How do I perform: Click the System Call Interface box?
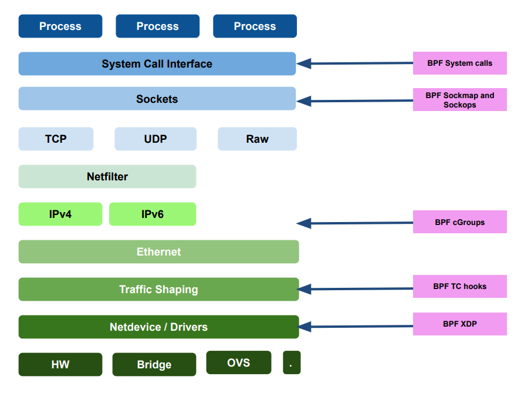pyautogui.click(x=157, y=63)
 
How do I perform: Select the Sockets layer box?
pyautogui.click(x=157, y=99)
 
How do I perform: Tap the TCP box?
pyautogui.click(x=56, y=139)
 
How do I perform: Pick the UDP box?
pyautogui.click(x=155, y=139)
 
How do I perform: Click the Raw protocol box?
pyautogui.click(x=257, y=139)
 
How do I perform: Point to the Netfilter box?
pyautogui.click(x=107, y=176)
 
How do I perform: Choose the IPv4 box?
pyautogui.click(x=60, y=214)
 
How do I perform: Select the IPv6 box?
pyautogui.click(x=153, y=214)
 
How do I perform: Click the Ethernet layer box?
pyautogui.click(x=158, y=251)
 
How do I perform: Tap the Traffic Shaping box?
pyautogui.click(x=158, y=289)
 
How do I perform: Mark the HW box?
pyautogui.click(x=60, y=364)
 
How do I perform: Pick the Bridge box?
pyautogui.click(x=154, y=364)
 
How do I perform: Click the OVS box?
pyautogui.click(x=239, y=362)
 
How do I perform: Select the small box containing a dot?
pyautogui.click(x=291, y=362)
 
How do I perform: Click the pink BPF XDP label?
pyautogui.click(x=459, y=324)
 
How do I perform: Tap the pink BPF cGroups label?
pyautogui.click(x=459, y=222)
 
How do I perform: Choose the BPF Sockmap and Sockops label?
pyautogui.click(x=459, y=100)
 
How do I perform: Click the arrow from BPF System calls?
pyautogui.click(x=355, y=63)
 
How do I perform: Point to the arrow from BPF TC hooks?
pyautogui.click(x=355, y=288)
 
